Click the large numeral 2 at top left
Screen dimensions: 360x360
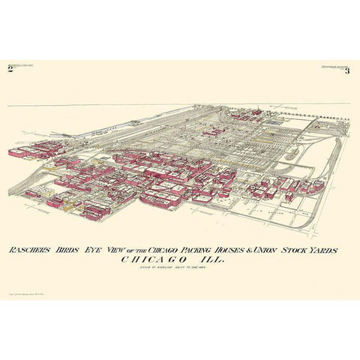tap(10, 69)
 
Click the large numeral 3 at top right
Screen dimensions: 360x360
tap(347, 69)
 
